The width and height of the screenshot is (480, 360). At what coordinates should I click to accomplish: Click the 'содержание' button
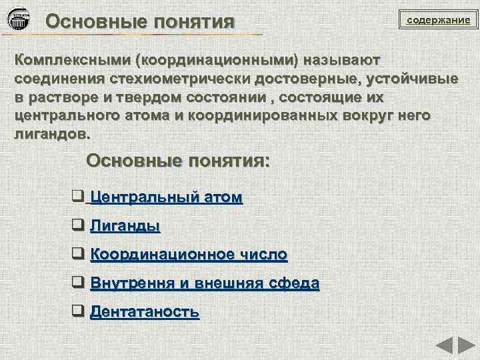(439, 21)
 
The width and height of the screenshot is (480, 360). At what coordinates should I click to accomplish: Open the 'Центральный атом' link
(166, 197)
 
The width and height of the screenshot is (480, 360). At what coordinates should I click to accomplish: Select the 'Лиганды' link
(125, 225)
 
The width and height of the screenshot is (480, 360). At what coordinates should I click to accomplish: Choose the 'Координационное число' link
(189, 254)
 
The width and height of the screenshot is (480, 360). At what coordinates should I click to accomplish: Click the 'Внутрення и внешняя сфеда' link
(204, 283)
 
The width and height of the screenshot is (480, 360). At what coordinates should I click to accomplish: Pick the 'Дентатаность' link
(144, 311)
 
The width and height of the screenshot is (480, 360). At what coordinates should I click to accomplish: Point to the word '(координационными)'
(217, 59)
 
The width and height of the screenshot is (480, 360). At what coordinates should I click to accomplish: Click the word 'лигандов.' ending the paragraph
(51, 134)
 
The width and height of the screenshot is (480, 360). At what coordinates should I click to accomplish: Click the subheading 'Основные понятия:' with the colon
(179, 161)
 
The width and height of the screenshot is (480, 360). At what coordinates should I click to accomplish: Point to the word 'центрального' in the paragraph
(69, 115)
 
